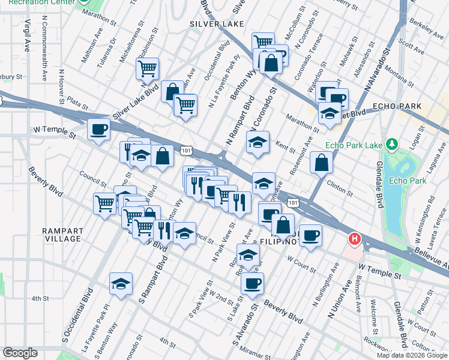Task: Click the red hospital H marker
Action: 355,239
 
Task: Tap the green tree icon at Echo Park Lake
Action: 392,145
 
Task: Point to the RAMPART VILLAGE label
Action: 63,235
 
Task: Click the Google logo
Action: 20,353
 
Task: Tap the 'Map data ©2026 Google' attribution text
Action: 411,355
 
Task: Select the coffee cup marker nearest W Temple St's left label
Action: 98,129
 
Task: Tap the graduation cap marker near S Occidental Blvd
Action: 121,284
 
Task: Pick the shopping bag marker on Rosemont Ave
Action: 322,162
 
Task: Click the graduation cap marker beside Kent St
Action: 258,142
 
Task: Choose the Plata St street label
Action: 77,104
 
